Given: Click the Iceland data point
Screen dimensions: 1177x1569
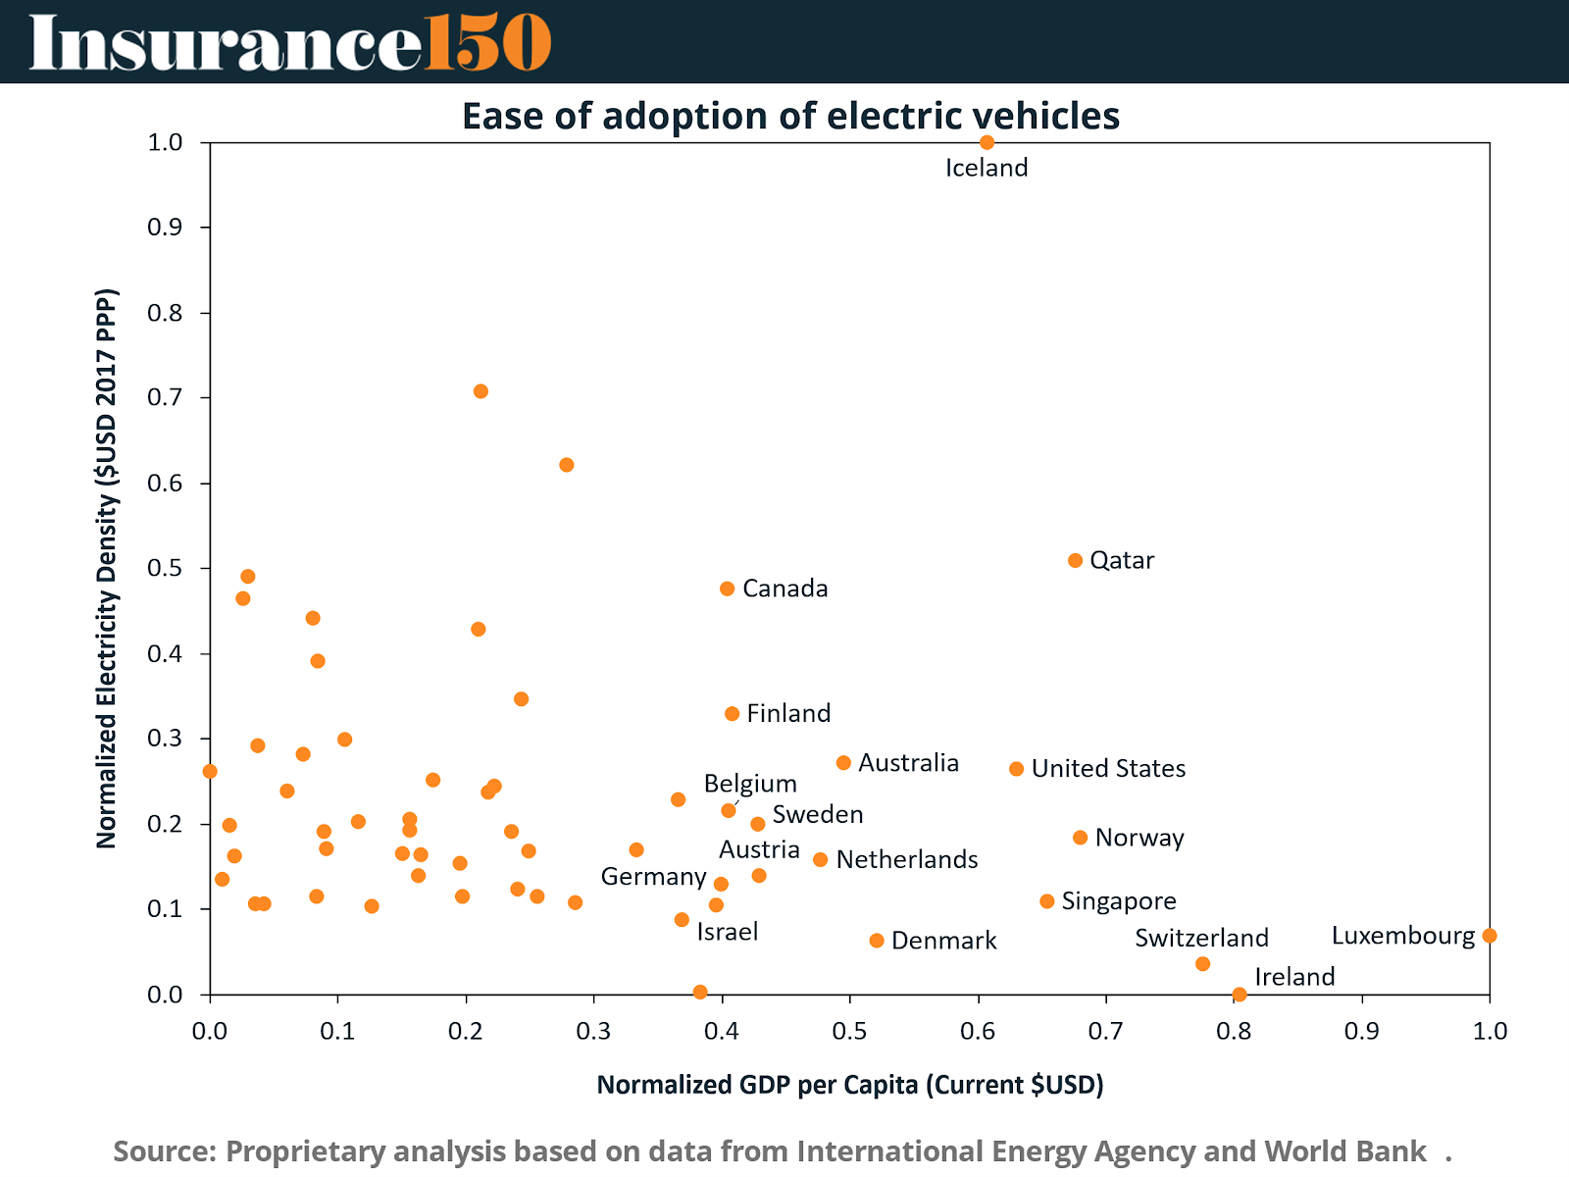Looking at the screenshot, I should pos(987,142).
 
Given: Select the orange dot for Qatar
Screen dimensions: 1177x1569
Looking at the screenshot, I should pos(1075,560).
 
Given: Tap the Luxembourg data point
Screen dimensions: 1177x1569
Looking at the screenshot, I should pos(1490,936).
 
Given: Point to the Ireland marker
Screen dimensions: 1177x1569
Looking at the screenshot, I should pos(1240,994).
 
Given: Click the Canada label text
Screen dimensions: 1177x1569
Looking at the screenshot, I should pos(784,588).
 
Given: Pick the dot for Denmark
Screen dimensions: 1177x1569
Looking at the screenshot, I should pos(877,941).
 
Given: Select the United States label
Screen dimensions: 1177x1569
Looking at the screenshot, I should pos(1108,769).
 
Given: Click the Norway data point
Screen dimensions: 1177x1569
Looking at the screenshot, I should pos(1080,838).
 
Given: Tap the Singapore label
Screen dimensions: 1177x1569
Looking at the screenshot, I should pos(1119,901).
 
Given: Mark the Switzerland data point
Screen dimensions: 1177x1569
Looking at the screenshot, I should pos(1203,964).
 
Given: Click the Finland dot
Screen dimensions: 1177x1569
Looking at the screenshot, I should pos(732,714).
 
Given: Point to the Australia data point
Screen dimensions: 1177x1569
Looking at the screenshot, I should pos(843,763).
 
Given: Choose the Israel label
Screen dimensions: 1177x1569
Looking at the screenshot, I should pos(727,932).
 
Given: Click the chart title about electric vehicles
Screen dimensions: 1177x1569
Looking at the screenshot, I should pos(790,116).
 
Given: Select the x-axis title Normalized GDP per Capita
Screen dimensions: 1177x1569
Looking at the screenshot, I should pos(850,1085).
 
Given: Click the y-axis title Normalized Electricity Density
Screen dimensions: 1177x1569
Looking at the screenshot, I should pos(107,568).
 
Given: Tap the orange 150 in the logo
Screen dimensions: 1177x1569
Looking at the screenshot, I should pos(487,43).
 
